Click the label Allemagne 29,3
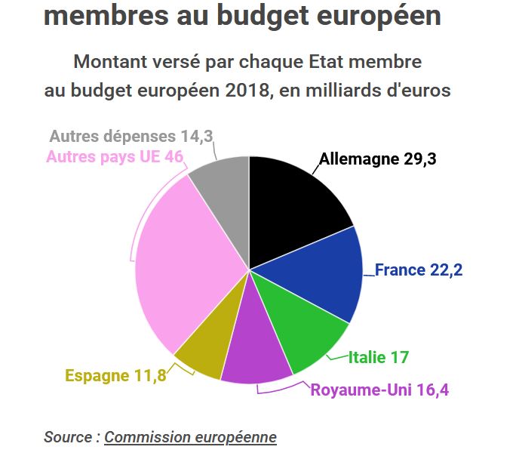coord(377,159)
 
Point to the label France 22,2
coord(419,270)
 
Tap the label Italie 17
coord(379,357)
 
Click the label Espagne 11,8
coord(115,375)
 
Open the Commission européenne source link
coord(190,437)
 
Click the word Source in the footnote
coord(68,437)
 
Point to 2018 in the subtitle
coord(248,91)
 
